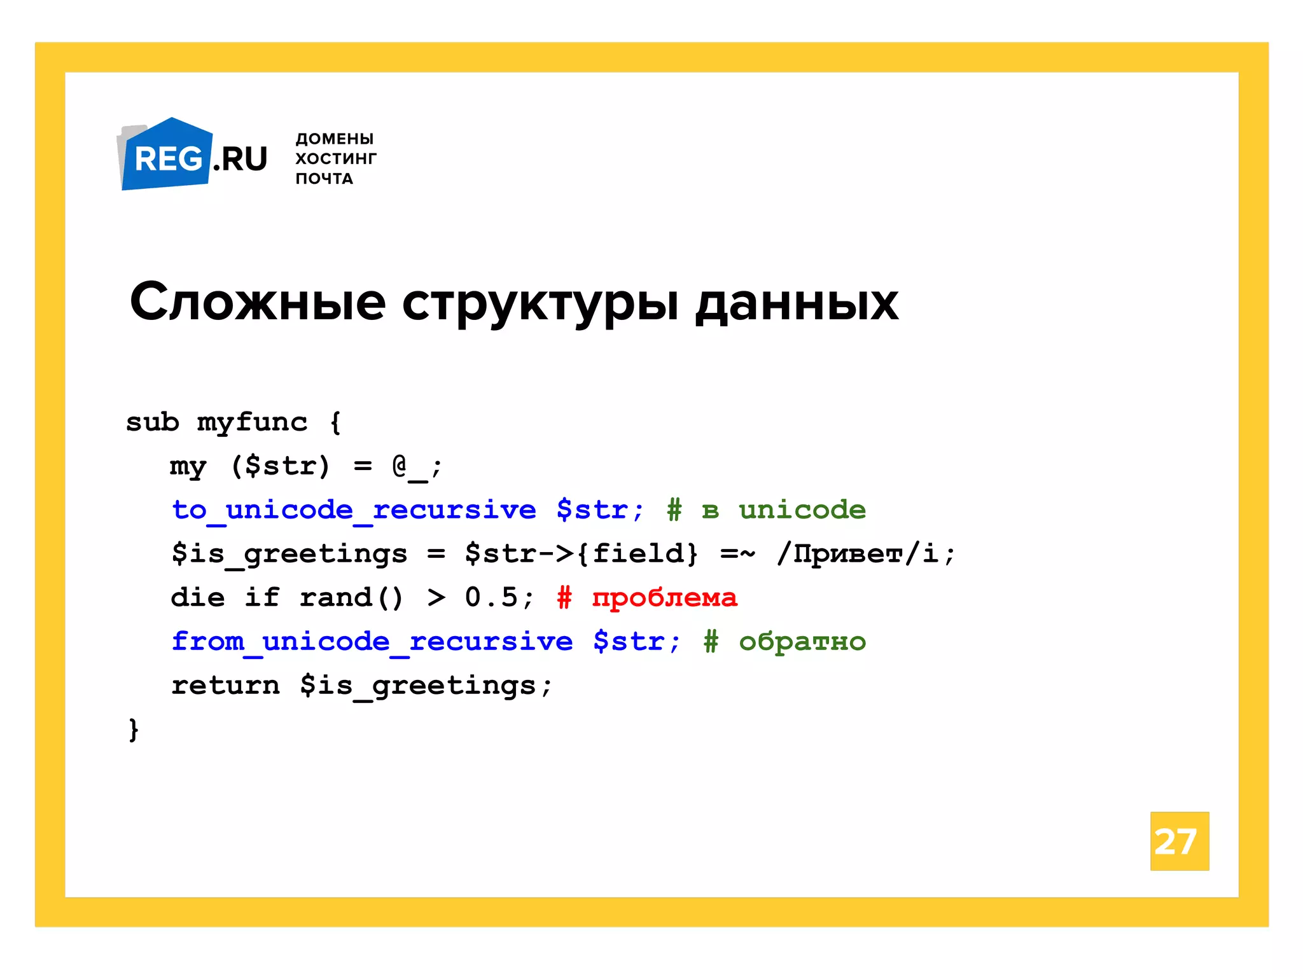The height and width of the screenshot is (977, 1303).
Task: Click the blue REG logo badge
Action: tap(167, 156)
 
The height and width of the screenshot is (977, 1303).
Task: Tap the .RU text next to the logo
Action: tap(240, 159)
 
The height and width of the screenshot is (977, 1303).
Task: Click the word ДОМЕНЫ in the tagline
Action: tap(334, 139)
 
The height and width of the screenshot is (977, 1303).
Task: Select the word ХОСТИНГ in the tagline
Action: tap(336, 158)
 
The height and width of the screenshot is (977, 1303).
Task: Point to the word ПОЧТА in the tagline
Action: tap(324, 179)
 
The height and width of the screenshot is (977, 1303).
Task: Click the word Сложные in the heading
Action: tap(258, 302)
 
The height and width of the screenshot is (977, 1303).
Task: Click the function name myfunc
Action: tap(252, 422)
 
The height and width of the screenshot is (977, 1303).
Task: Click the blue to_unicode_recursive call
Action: tap(354, 510)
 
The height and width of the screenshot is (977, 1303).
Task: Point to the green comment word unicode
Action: tap(802, 510)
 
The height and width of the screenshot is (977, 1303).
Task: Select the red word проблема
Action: tap(664, 598)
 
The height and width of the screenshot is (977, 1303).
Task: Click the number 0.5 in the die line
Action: tap(491, 597)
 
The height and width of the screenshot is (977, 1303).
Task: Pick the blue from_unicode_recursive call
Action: tap(372, 641)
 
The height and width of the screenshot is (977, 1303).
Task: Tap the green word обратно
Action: tap(802, 642)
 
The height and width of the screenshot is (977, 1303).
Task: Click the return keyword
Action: tap(225, 686)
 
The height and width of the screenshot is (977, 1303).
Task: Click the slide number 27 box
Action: tap(1179, 841)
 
